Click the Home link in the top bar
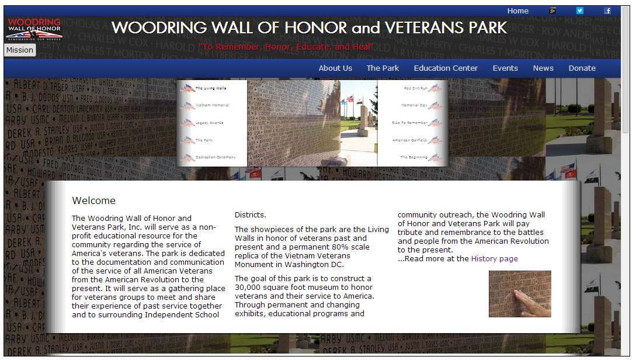click(x=517, y=11)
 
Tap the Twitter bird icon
click(x=580, y=11)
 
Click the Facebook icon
click(x=607, y=11)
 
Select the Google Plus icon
click(x=552, y=11)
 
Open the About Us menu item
click(x=335, y=68)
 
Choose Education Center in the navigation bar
click(x=446, y=68)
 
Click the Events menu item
click(x=505, y=68)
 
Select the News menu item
click(x=543, y=68)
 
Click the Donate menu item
click(x=582, y=68)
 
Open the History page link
click(x=494, y=259)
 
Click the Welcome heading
click(x=94, y=200)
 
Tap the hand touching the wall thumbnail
click(x=520, y=294)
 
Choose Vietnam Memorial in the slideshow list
click(x=212, y=106)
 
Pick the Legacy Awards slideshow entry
click(x=209, y=123)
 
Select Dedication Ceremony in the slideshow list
click(x=216, y=158)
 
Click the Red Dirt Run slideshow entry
click(x=416, y=88)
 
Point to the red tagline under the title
click(x=286, y=47)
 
